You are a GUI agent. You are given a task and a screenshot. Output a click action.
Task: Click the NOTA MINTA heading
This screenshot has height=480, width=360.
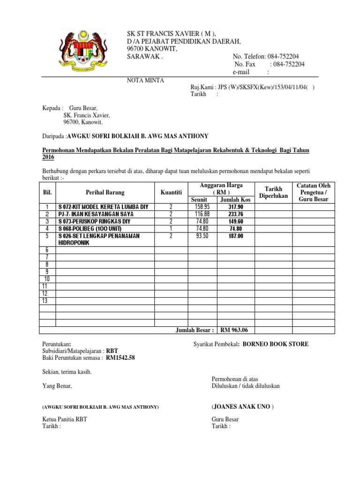pos(145,81)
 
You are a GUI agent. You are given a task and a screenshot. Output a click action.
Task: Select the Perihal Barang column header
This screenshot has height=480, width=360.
pos(105,192)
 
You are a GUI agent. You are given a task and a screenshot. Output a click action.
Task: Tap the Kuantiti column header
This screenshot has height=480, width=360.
pos(171,192)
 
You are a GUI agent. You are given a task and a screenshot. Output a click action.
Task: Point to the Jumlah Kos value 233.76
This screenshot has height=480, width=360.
pos(236,214)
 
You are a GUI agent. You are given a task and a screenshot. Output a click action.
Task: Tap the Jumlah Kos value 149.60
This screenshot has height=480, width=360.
pos(236,222)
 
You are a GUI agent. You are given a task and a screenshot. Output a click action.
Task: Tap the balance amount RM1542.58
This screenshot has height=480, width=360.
pos(121,358)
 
